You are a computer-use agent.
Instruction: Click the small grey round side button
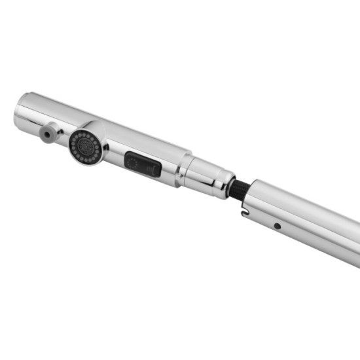pyautogui.click(x=46, y=134)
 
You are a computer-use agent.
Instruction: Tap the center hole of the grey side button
pyautogui.click(x=46, y=134)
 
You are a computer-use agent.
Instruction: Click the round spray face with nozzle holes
pyautogui.click(x=85, y=145)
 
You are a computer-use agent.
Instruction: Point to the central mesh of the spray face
pyautogui.click(x=84, y=145)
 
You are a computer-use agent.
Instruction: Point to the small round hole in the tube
pyautogui.click(x=278, y=226)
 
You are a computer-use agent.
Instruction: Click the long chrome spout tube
pyautogui.click(x=308, y=219)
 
